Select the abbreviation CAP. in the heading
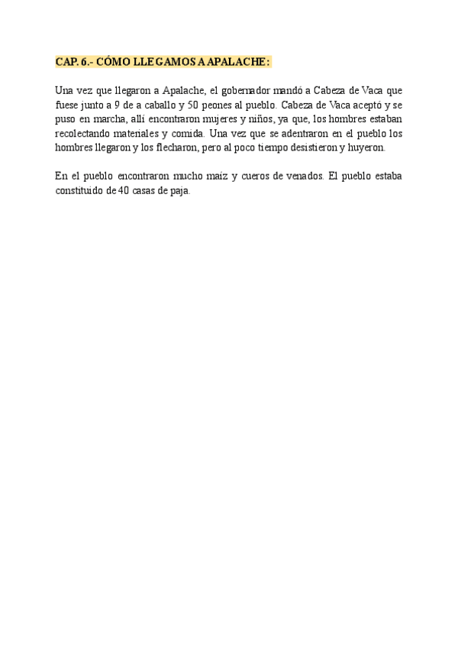[66, 62]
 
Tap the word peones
[218, 105]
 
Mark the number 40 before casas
[124, 191]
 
